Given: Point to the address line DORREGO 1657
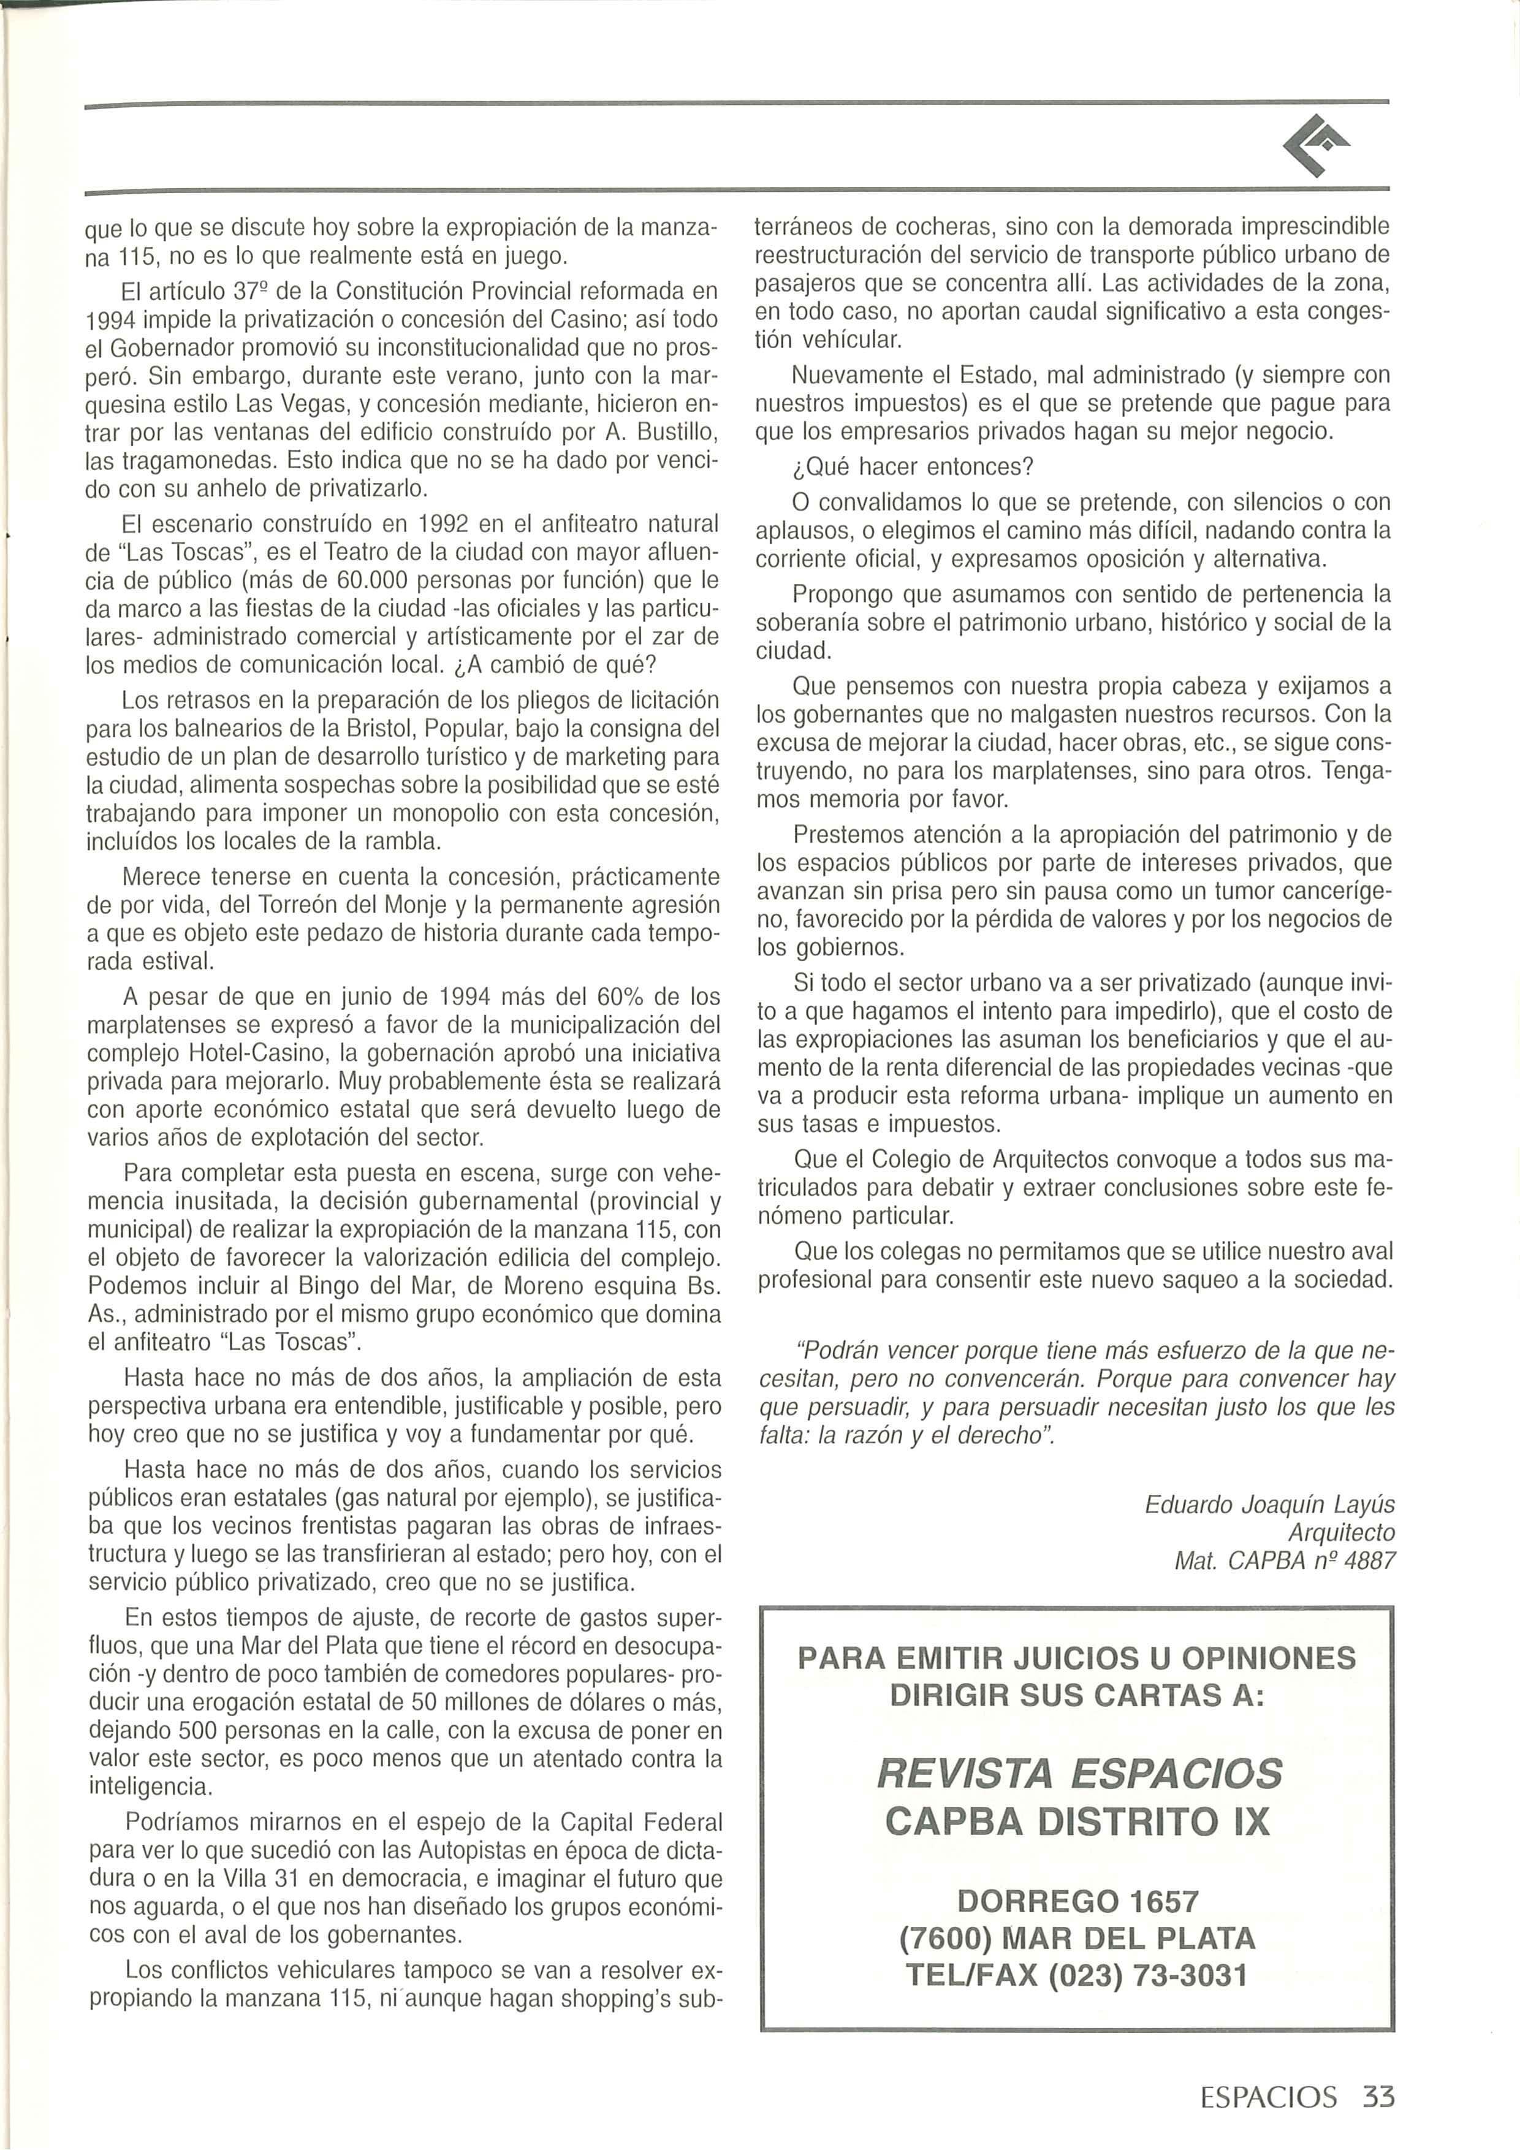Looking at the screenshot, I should [x=1078, y=1901].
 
